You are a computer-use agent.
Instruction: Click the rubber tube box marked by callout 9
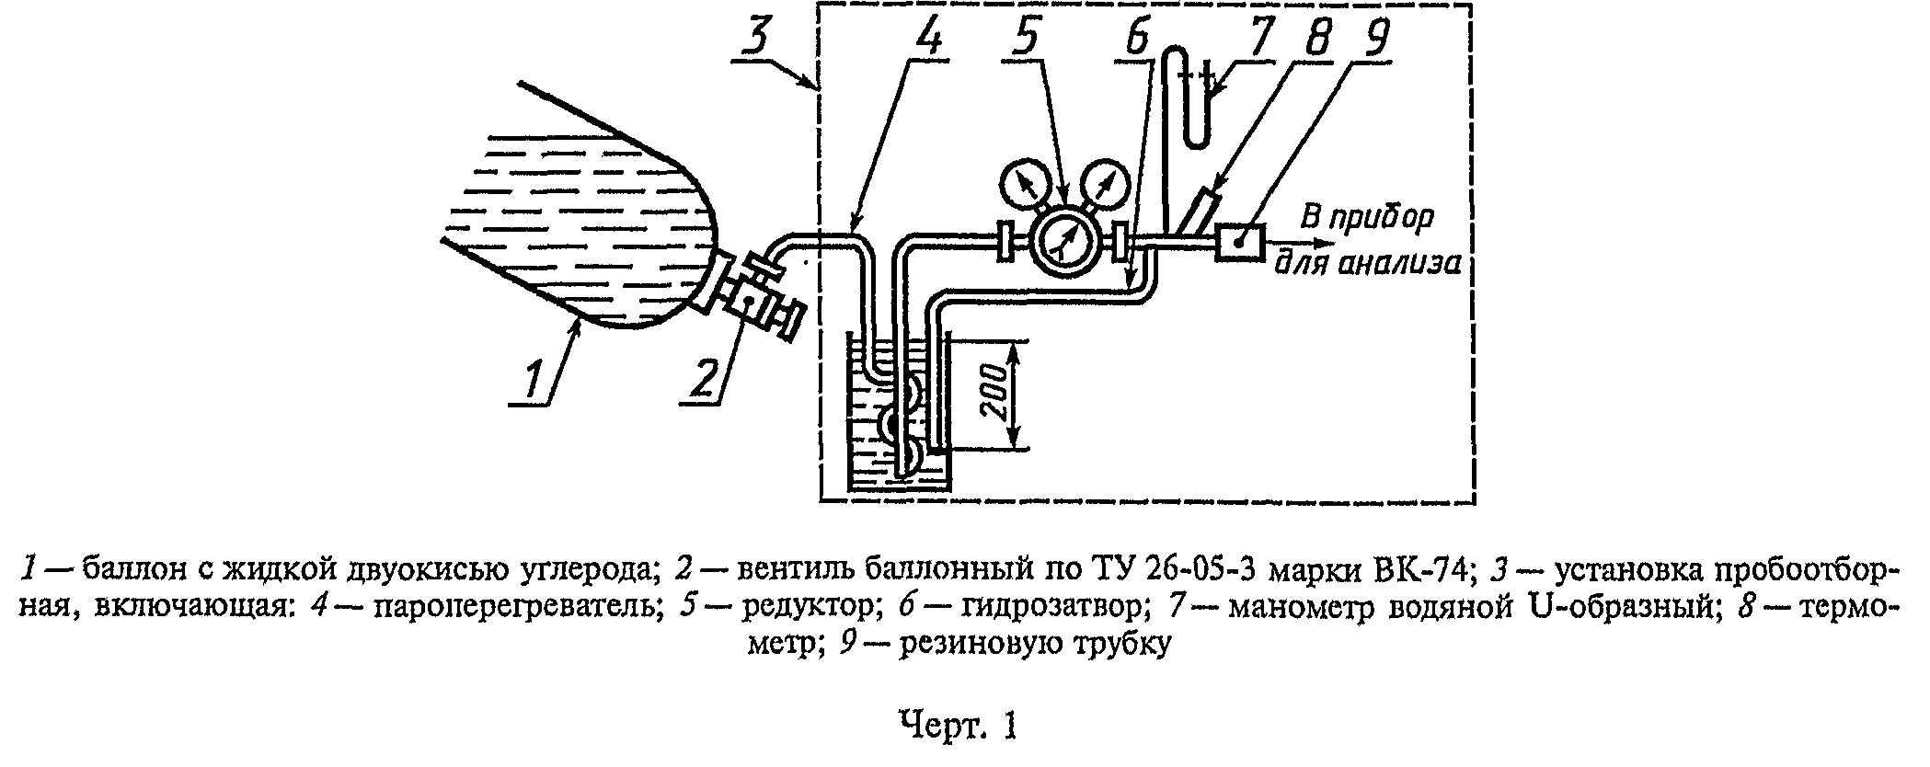1239,243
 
